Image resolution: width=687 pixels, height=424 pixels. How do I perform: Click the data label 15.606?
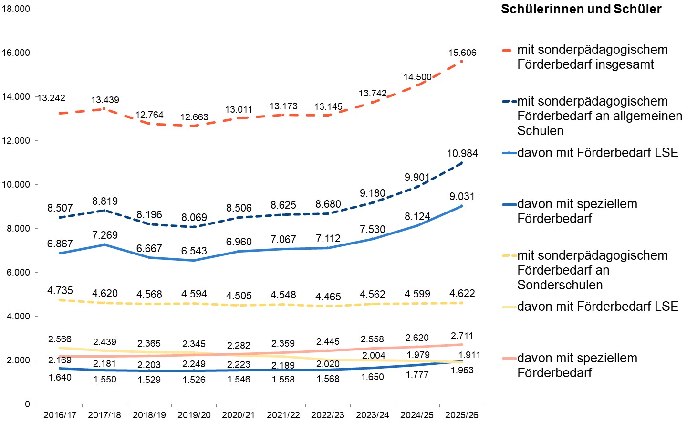462,53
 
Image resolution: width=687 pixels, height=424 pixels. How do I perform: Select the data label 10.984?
462,154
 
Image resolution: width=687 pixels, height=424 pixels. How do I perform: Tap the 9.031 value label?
462,197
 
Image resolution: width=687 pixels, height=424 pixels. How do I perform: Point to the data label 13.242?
51,98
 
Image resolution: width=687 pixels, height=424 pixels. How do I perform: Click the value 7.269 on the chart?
104,235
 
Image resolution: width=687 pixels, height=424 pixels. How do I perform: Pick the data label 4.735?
60,291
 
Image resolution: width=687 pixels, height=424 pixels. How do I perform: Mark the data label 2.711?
462,336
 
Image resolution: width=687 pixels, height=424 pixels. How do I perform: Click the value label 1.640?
60,378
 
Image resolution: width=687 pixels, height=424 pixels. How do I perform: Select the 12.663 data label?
194,117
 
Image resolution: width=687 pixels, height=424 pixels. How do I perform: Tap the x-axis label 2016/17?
60,415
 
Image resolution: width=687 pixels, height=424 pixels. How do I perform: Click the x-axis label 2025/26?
462,415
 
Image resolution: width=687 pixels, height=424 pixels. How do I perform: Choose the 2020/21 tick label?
239,415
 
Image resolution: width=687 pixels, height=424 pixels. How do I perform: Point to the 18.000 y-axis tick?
16,9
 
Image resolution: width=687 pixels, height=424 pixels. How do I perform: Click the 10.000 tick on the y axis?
16,185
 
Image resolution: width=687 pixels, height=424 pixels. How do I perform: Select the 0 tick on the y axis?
27,404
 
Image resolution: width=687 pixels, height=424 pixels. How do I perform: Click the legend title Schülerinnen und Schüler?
581,9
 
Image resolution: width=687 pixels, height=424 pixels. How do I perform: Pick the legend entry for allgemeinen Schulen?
599,116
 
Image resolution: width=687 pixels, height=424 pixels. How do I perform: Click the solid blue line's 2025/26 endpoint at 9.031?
462,206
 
